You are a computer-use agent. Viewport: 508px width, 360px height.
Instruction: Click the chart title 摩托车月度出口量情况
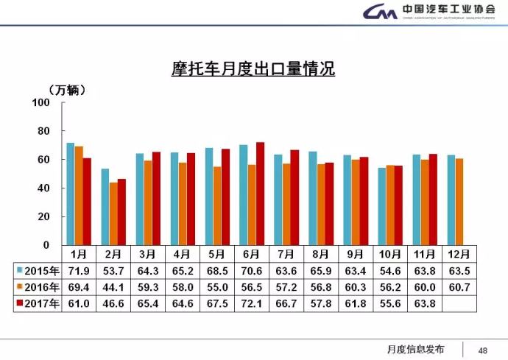[249, 70]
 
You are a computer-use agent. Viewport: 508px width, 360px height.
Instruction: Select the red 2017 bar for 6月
[260, 194]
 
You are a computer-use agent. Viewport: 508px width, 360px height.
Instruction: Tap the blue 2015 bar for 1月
[70, 194]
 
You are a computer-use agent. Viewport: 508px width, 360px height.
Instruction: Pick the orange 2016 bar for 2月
[113, 213]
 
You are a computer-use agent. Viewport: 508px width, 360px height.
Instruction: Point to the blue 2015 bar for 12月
[451, 200]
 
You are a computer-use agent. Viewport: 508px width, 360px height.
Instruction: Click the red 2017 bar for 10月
[398, 205]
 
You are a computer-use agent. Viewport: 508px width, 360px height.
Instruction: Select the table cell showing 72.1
[251, 303]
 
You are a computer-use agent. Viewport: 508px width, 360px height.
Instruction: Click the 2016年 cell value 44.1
[113, 286]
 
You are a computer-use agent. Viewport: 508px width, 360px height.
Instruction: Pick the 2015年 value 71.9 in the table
[77, 270]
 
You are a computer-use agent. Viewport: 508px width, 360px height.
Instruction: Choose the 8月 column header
[320, 254]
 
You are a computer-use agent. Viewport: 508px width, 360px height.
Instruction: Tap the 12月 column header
[459, 254]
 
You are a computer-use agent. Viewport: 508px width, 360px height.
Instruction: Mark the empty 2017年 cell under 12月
[459, 303]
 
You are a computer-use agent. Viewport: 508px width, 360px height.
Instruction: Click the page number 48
[484, 349]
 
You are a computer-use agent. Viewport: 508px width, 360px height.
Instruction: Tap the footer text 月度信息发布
[416, 349]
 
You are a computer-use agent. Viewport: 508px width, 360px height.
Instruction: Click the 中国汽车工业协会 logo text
[448, 10]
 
